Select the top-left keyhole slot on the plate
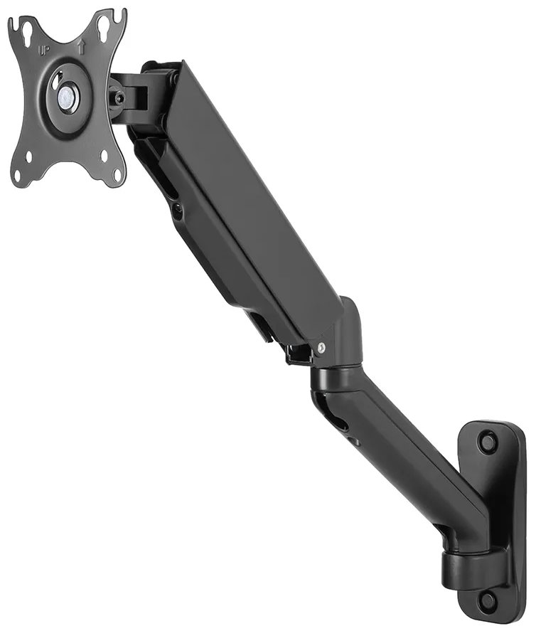click(x=26, y=31)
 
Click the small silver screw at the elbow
click(x=322, y=347)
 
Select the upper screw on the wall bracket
click(x=488, y=442)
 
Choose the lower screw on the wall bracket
click(x=488, y=600)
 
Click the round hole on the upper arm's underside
click(x=177, y=211)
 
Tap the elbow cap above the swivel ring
click(x=344, y=334)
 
